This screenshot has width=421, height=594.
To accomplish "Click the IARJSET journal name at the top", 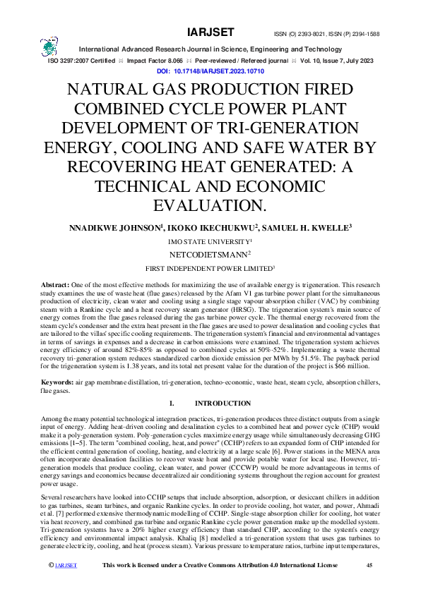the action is [206, 32].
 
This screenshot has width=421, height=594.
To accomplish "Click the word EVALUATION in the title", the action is [210, 205].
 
